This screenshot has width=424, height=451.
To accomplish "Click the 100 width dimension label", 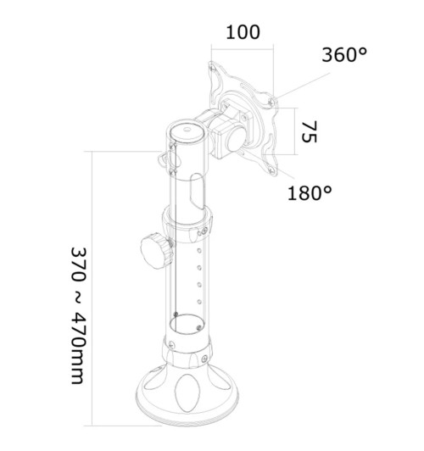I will tap(243, 33).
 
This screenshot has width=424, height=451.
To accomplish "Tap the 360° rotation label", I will tap(344, 56).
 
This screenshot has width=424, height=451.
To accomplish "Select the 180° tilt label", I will tap(310, 192).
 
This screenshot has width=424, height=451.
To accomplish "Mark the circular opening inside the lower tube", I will tap(186, 320).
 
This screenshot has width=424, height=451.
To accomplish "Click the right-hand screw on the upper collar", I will tap(205, 227).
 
